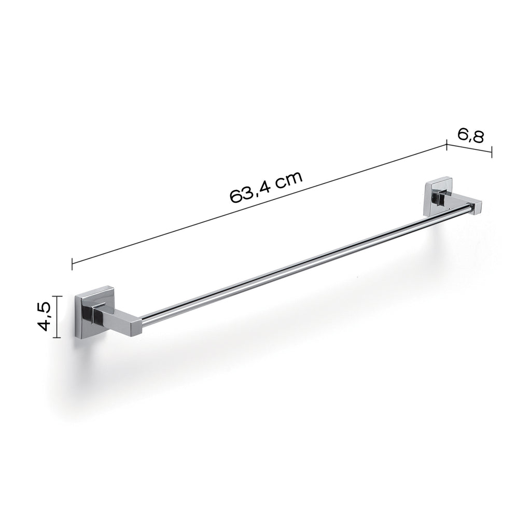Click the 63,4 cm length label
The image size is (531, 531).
pos(265,187)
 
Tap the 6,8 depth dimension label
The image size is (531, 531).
pos(471,136)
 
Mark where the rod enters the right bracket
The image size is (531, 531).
pos(471,208)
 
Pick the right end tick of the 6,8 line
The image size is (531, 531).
pos(492,151)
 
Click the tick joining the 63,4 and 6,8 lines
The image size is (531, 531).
pos(446,145)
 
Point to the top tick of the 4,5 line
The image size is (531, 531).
pos(58,296)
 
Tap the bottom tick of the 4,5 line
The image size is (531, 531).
pos(58,338)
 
